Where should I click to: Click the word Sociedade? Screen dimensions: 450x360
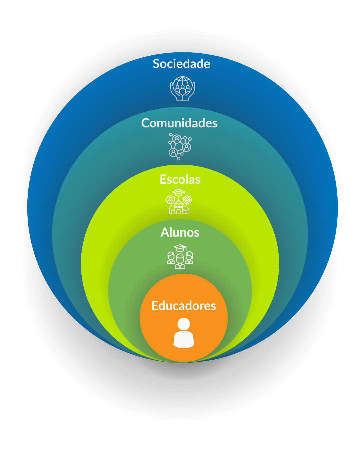[181, 64]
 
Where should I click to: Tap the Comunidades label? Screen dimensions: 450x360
[179, 123]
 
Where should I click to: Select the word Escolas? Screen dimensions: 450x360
[180, 179]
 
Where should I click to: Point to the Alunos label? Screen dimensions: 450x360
[180, 232]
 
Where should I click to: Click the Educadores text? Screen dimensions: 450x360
[184, 306]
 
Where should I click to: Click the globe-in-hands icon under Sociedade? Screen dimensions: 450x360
[182, 89]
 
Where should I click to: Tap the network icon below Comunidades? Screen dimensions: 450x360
[180, 146]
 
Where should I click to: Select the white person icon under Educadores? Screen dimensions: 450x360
[184, 333]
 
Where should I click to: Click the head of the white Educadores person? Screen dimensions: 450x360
[184, 324]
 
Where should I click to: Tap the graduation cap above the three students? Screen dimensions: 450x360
[180, 248]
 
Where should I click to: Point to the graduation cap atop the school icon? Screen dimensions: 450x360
[179, 192]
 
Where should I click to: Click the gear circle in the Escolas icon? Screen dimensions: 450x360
[188, 200]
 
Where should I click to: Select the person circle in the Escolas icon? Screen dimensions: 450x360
[171, 200]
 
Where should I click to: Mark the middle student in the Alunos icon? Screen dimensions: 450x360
[180, 261]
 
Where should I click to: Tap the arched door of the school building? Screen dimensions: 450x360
[179, 211]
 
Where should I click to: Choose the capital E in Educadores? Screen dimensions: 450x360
[155, 306]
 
